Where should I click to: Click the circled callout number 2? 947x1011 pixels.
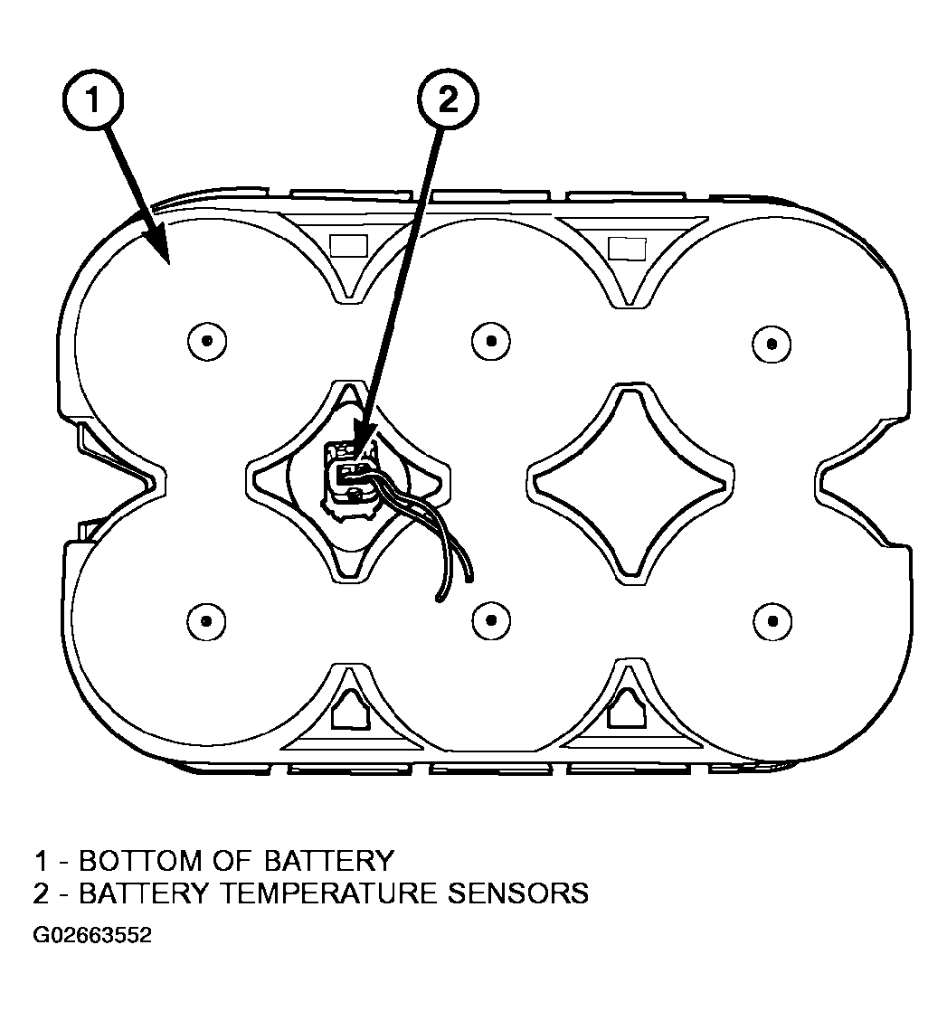click(x=448, y=99)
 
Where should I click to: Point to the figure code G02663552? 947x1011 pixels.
click(x=92, y=935)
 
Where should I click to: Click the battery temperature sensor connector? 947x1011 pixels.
click(x=349, y=477)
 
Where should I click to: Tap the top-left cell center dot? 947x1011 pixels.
click(x=207, y=340)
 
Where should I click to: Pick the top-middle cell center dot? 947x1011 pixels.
click(x=491, y=340)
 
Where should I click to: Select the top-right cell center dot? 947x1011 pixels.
click(x=772, y=343)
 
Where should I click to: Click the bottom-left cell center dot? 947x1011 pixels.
click(x=206, y=621)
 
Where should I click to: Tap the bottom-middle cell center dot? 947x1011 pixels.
click(x=491, y=620)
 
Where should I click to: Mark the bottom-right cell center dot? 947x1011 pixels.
click(x=772, y=621)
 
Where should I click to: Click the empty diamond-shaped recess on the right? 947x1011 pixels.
click(x=630, y=484)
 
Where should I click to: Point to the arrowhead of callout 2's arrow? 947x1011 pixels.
click(x=359, y=439)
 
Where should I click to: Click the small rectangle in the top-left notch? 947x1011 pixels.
click(x=348, y=246)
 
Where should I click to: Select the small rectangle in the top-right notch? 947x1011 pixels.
click(x=628, y=249)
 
